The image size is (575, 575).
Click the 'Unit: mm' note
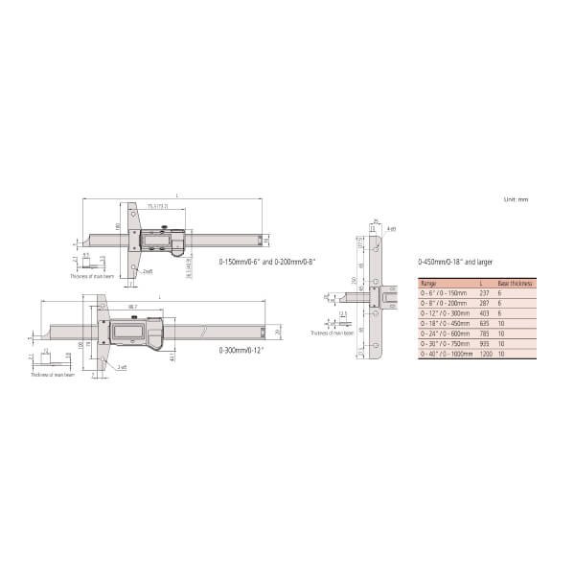[x=516, y=199]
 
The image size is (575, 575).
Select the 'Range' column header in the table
[x=429, y=284]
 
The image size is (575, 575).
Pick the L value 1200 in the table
[x=483, y=355]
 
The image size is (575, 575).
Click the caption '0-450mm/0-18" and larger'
[x=457, y=262]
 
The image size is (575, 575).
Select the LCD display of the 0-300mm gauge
[x=129, y=332]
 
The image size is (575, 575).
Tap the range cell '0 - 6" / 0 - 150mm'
[x=446, y=293]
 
